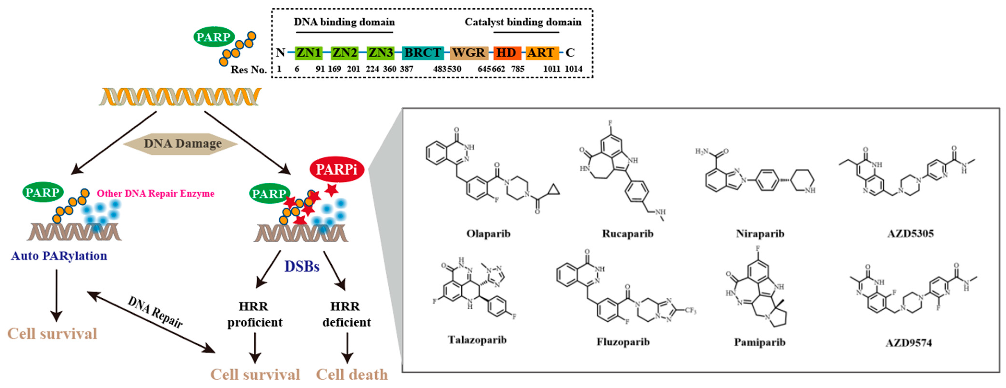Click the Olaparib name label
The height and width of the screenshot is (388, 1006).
[488, 234]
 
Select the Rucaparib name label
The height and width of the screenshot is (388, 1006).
[628, 234]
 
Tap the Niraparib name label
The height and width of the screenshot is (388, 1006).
[760, 234]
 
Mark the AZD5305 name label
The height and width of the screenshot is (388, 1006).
[910, 234]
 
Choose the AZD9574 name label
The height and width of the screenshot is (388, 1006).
[909, 343]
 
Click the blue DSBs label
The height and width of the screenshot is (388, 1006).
[301, 266]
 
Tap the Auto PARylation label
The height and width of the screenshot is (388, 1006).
[59, 256]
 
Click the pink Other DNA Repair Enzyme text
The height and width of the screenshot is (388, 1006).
[156, 193]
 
